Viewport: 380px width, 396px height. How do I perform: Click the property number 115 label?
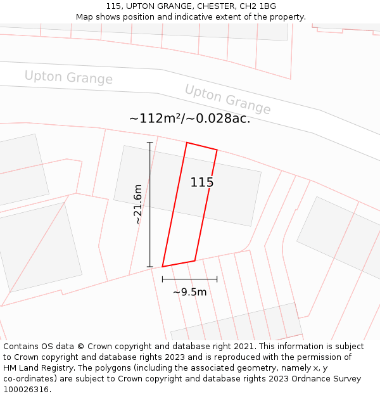(x=202, y=182)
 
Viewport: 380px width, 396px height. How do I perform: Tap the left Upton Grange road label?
(x=68, y=77)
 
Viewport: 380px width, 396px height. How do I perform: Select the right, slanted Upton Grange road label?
(x=227, y=99)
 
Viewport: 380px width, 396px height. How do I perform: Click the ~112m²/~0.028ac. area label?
(x=189, y=118)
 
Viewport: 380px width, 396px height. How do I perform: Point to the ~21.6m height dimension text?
(x=138, y=204)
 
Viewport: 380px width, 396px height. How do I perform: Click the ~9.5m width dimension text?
(x=189, y=292)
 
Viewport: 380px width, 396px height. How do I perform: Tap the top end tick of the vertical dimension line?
(x=150, y=143)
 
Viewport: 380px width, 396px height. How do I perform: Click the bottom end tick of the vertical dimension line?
(x=150, y=267)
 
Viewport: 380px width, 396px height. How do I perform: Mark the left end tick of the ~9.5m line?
(x=163, y=279)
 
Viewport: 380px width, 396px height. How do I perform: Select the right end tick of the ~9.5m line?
(x=217, y=279)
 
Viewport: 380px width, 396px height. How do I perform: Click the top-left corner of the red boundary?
(x=187, y=143)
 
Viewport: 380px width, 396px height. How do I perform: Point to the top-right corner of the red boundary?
(x=217, y=150)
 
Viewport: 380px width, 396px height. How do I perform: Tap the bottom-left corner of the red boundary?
(x=163, y=267)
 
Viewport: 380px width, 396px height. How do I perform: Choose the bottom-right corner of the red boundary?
(x=194, y=260)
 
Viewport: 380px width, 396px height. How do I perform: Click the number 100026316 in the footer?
(x=26, y=389)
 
